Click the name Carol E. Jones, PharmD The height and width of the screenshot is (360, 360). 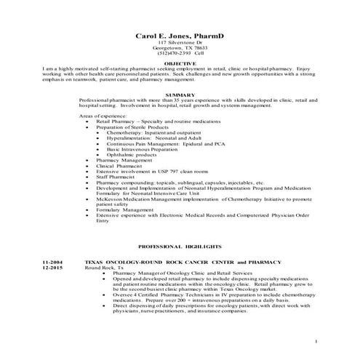[x=180, y=36]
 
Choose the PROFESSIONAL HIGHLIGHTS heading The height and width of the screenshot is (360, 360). [x=180, y=247]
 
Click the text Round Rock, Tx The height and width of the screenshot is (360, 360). [x=103, y=267]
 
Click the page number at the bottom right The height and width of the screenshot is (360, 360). [x=316, y=341]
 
